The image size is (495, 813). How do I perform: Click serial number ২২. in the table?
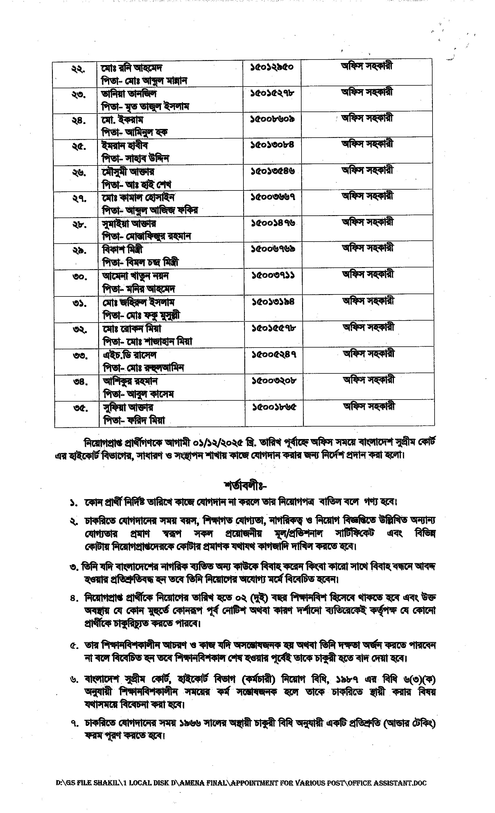78,69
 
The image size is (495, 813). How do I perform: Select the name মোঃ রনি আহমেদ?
132,68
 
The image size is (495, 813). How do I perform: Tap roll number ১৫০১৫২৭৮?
272,93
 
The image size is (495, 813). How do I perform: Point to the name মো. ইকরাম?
122,119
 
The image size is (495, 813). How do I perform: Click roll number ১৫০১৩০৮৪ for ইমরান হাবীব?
272,145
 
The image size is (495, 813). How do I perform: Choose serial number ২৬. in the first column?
79,172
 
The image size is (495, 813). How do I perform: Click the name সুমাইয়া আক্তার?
129,223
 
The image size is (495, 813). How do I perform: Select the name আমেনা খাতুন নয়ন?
135,276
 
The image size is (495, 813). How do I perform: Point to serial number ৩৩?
80,356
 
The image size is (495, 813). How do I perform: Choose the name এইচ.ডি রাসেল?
130,355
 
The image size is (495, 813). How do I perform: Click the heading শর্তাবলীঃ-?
245,486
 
